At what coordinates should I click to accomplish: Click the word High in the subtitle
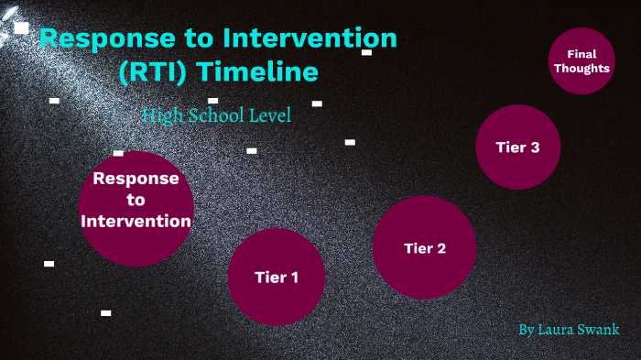pos(161,115)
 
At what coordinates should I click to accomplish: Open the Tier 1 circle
pos(276,277)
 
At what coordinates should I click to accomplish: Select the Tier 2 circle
pos(425,247)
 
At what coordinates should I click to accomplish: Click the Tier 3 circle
pos(517,147)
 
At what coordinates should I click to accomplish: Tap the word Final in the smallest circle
pos(581,54)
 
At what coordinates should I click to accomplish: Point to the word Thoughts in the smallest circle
pos(581,68)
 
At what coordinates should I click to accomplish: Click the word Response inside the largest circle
pos(136,179)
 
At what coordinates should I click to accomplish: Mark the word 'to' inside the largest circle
pos(136,200)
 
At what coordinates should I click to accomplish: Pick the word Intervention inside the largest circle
pos(136,221)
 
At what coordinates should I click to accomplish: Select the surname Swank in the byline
pos(601,329)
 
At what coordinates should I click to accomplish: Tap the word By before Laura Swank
pos(526,329)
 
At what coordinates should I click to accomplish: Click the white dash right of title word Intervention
pos(366,52)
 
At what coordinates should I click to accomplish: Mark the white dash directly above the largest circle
pos(118,153)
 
